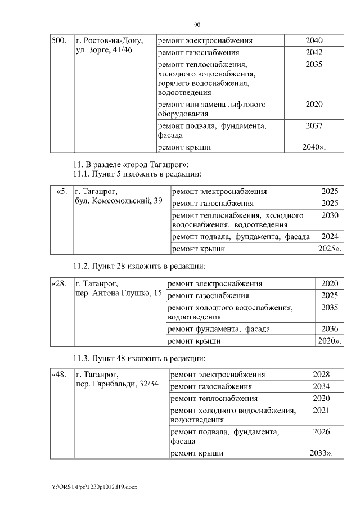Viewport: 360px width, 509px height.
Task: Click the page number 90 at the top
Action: click(x=197, y=25)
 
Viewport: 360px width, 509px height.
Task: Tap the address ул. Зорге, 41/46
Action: click(x=104, y=51)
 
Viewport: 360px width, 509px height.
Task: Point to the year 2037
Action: click(x=314, y=126)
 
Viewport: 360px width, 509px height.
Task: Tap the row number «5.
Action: click(x=62, y=192)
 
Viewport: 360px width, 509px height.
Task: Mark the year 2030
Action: click(x=330, y=215)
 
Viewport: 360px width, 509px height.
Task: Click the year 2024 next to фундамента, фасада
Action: click(x=330, y=236)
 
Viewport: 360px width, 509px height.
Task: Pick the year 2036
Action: click(x=330, y=328)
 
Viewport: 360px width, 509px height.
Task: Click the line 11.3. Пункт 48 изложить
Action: click(x=139, y=358)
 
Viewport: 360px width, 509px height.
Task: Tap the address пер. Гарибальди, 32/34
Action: click(x=117, y=385)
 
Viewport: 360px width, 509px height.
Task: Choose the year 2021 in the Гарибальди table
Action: click(x=321, y=411)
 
